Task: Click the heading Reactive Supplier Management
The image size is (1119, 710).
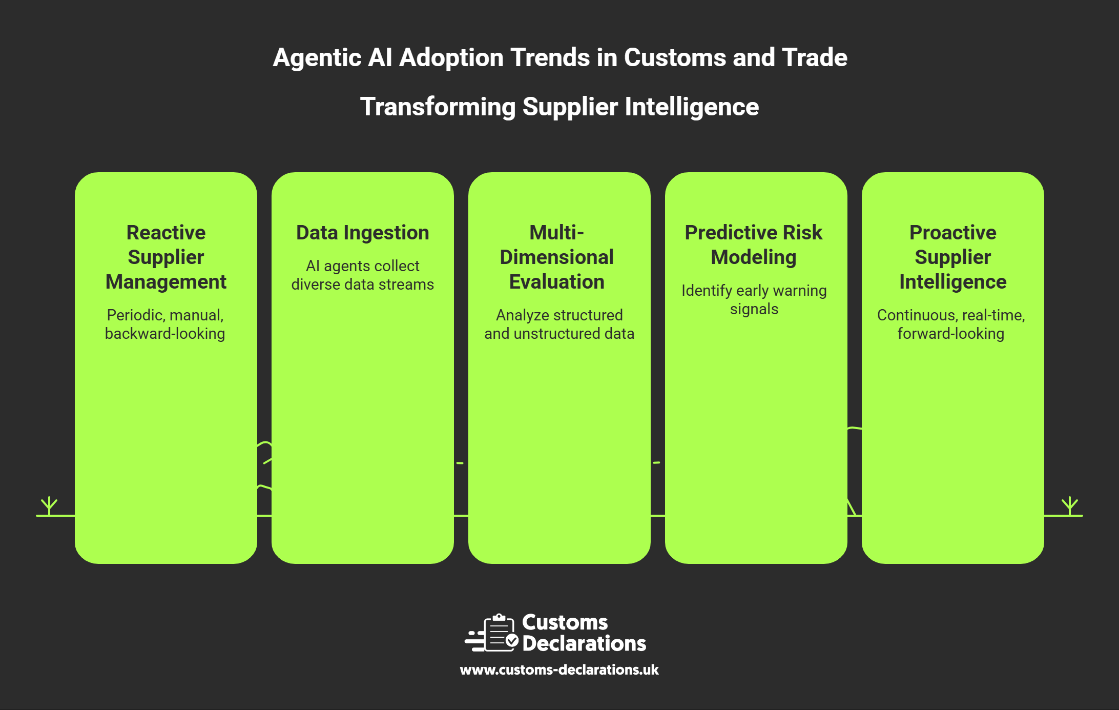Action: [166, 257]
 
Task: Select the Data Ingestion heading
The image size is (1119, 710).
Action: [363, 233]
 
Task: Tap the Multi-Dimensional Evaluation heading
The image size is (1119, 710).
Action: [557, 257]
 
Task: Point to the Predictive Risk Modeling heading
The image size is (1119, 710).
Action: [754, 245]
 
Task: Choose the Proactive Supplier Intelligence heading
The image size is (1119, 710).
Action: [953, 257]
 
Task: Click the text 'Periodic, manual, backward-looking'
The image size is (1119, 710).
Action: [165, 324]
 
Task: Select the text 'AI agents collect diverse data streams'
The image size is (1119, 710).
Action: [363, 275]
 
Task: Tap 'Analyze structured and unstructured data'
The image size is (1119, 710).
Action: [559, 324]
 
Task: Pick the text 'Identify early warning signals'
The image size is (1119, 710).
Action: [754, 299]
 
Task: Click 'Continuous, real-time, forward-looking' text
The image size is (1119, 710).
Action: [951, 324]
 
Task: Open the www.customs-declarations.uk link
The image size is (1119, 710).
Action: [559, 670]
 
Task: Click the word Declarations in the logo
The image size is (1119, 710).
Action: [584, 644]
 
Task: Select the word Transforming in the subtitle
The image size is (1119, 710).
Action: [438, 107]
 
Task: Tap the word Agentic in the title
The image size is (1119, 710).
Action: [317, 57]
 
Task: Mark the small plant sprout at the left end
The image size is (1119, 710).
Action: [49, 505]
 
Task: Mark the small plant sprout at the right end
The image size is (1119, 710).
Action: [1070, 505]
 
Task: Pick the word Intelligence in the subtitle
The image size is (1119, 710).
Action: [692, 107]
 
